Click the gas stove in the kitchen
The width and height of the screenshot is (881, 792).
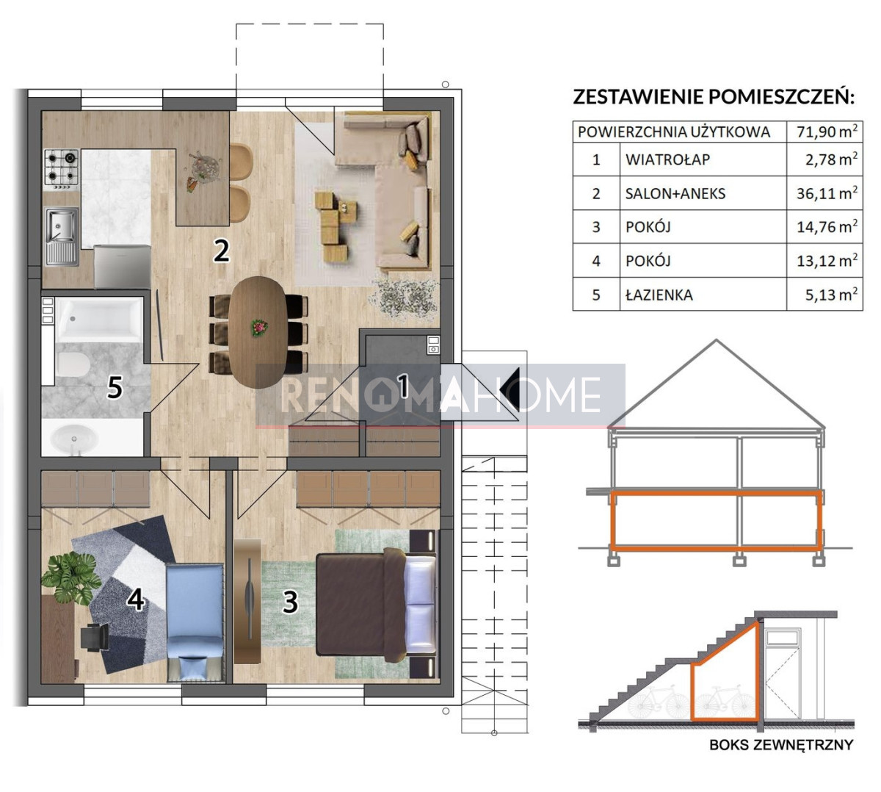pos(62,169)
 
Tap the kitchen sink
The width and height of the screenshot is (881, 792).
pos(62,237)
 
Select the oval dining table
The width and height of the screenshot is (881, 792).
pos(258,331)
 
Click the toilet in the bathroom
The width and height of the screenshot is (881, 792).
pos(72,364)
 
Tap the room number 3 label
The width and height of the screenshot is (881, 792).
pos(291,602)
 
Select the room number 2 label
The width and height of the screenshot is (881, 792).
pos(221,251)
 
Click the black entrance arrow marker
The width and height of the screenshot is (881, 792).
pos(509,389)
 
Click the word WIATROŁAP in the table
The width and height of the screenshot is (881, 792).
pos(667,159)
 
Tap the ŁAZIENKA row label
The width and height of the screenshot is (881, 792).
pos(659,295)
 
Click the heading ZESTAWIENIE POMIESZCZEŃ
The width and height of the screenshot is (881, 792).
pos(713,96)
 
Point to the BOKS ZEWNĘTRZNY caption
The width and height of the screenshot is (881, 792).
pos(781,744)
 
